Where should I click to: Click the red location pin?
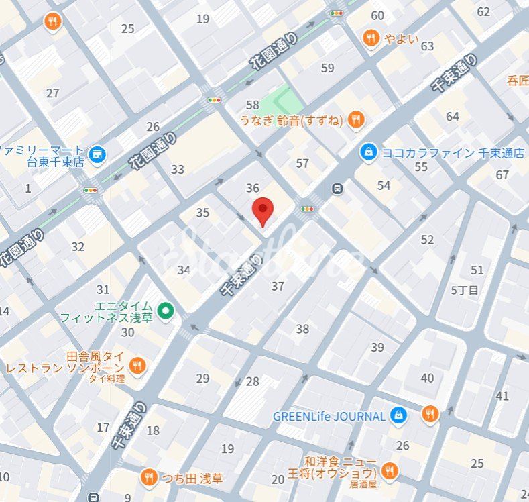[263, 211]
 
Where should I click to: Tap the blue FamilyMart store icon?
[98, 155]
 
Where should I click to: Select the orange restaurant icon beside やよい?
[370, 38]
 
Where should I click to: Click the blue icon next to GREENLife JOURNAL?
[399, 416]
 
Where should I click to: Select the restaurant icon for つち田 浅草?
[149, 478]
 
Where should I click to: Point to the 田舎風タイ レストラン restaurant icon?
[137, 366]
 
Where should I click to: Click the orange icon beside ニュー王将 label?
[389, 469]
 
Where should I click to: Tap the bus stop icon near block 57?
[338, 189]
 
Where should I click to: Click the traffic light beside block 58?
[214, 100]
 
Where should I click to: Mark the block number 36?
[252, 189]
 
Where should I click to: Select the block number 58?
[252, 105]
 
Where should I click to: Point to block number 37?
[278, 287]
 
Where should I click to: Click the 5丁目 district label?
[465, 291]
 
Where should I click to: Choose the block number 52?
[427, 240]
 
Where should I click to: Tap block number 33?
[177, 170]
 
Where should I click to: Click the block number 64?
[453, 117]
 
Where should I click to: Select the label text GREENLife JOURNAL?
[329, 416]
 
